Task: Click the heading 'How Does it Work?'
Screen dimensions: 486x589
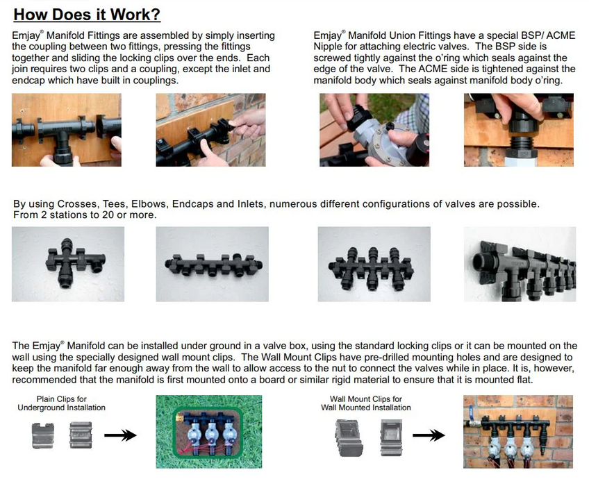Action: pos(87,14)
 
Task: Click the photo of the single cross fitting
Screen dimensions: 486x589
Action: pos(68,263)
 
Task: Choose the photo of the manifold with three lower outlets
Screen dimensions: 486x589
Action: pos(372,263)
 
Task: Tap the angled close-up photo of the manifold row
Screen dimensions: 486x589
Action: pos(519,263)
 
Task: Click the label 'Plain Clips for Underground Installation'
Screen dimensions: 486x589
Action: pos(61,403)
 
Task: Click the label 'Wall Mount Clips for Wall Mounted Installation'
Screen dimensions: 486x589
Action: pos(366,403)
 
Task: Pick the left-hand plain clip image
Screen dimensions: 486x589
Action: pos(43,437)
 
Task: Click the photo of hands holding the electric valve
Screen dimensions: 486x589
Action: pos(372,130)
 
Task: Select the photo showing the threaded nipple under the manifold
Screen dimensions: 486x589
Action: pos(519,130)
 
